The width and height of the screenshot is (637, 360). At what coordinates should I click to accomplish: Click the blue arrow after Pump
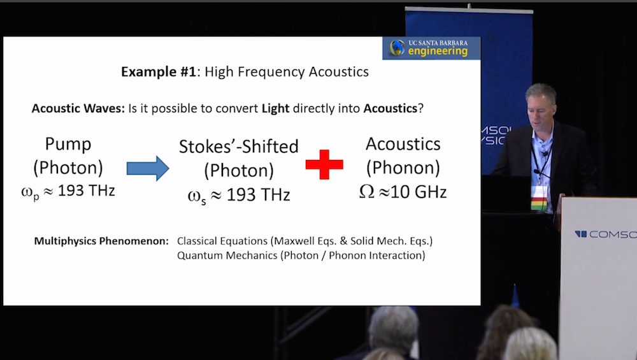pyautogui.click(x=148, y=168)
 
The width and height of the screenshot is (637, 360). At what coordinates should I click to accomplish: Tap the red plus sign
pyautogui.click(x=324, y=164)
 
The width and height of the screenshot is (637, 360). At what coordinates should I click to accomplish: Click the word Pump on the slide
pyautogui.click(x=68, y=144)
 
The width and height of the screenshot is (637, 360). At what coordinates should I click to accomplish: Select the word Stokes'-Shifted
pyautogui.click(x=239, y=147)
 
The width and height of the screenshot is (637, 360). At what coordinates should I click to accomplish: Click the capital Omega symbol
pyautogui.click(x=366, y=191)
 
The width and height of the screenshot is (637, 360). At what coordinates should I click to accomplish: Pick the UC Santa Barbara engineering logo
pyautogui.click(x=431, y=48)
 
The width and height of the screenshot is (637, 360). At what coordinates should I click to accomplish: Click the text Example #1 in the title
pyautogui.click(x=159, y=72)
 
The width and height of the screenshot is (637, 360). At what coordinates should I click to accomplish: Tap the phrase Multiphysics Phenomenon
pyautogui.click(x=101, y=241)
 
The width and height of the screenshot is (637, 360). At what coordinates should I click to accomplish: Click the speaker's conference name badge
pyautogui.click(x=539, y=198)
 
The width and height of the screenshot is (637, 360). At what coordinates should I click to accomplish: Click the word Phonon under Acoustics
pyautogui.click(x=403, y=168)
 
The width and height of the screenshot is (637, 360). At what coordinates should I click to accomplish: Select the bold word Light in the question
pyautogui.click(x=275, y=108)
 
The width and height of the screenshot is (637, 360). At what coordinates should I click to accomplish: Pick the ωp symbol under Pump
pyautogui.click(x=31, y=192)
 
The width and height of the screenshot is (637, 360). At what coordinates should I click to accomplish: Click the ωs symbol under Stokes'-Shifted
pyautogui.click(x=197, y=197)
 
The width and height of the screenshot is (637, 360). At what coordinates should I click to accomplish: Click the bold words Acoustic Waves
pyautogui.click(x=78, y=108)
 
